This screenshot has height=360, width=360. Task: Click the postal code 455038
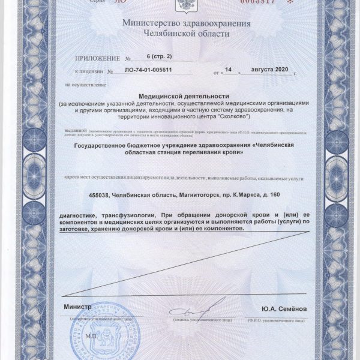tap(100, 195)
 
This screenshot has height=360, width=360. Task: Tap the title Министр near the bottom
tap(77, 307)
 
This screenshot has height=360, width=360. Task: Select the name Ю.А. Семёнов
tap(284, 308)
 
